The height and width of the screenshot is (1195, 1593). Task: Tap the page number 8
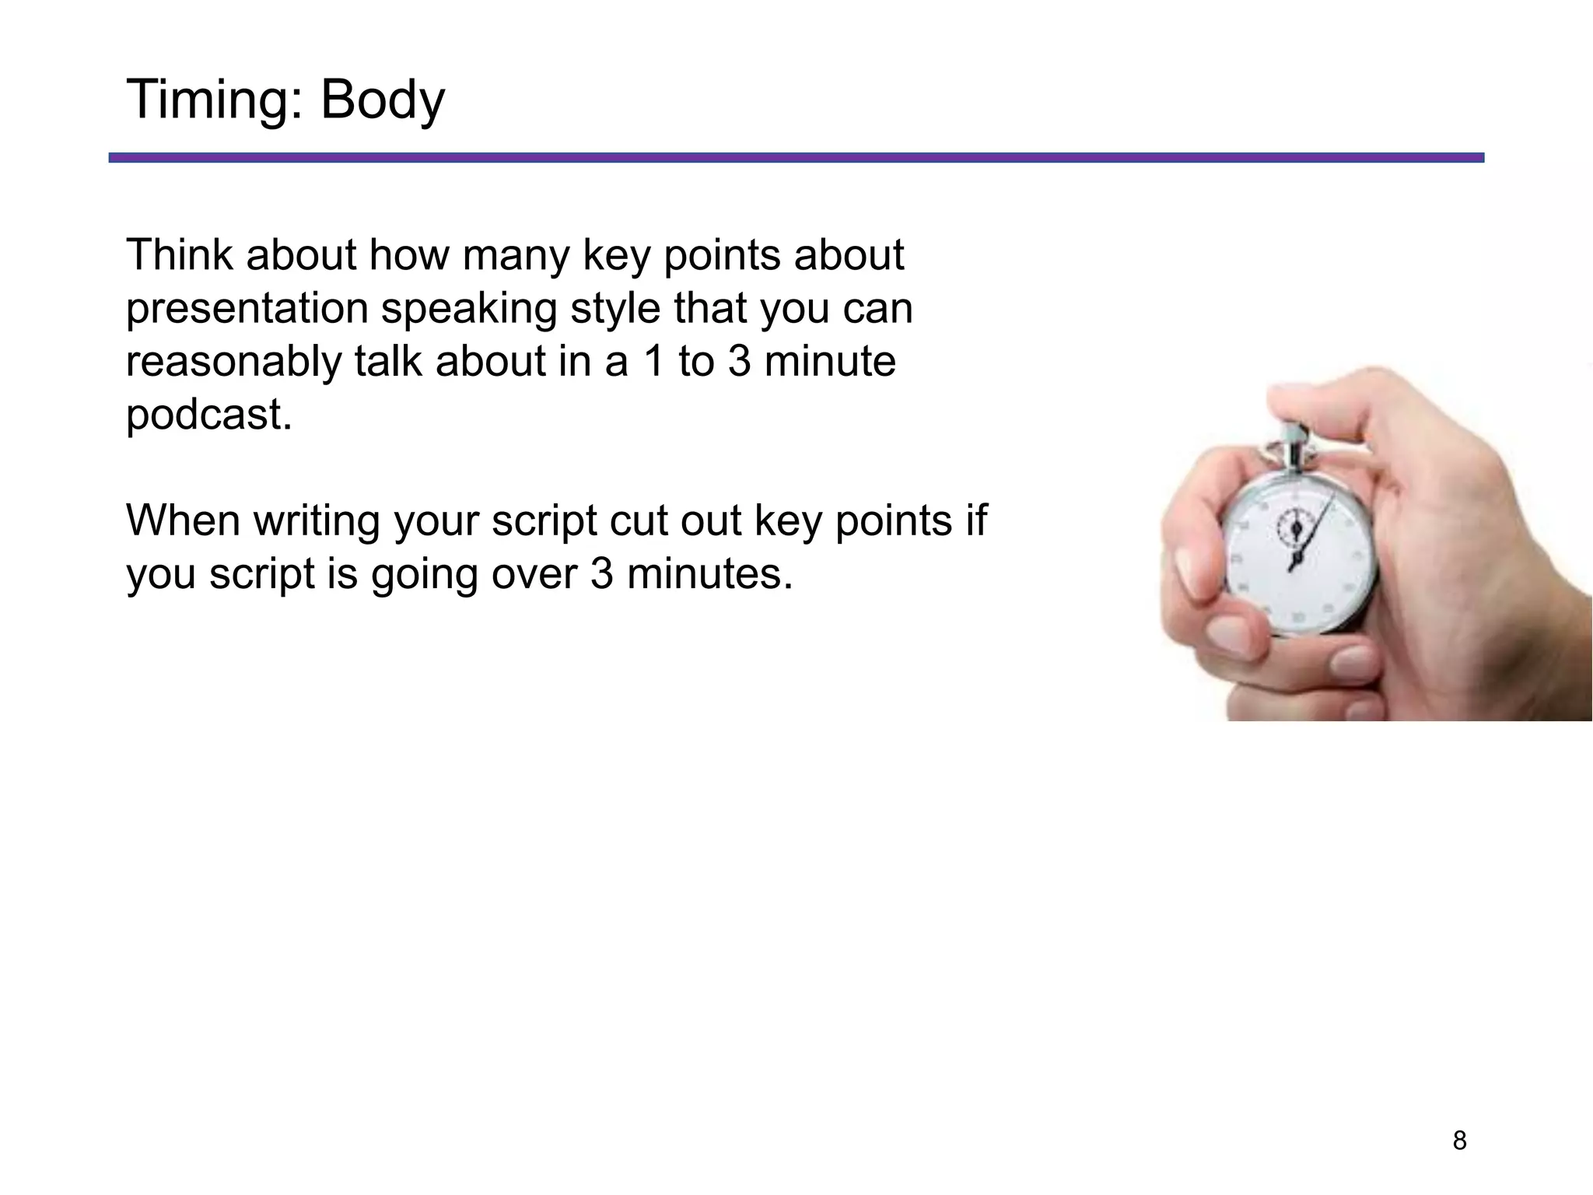pos(1459,1141)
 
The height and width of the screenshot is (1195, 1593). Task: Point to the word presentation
pos(247,309)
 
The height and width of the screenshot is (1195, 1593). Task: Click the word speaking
pos(468,309)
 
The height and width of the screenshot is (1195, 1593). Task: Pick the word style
pos(614,309)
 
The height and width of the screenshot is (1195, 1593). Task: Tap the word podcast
pos(208,414)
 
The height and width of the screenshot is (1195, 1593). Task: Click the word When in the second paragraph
pos(184,520)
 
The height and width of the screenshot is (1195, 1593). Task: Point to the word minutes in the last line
pos(709,574)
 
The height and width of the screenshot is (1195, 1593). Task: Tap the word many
pos(515,256)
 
